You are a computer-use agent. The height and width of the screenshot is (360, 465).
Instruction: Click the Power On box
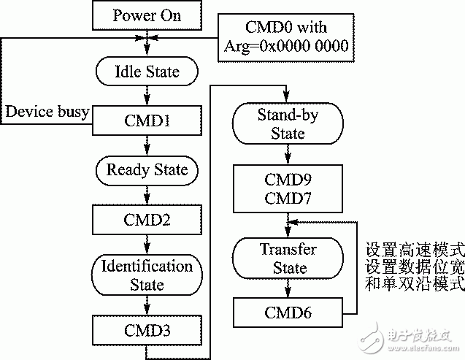point(147,15)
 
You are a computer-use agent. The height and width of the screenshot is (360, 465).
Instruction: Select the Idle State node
point(147,72)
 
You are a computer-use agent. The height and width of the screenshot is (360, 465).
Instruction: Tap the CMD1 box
point(147,120)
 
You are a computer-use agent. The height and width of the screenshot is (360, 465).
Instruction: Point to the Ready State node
point(147,169)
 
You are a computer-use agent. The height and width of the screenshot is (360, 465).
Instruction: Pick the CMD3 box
point(147,328)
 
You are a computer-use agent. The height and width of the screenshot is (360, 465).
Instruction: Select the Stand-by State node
point(288,124)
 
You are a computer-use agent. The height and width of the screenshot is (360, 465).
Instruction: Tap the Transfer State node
point(288,258)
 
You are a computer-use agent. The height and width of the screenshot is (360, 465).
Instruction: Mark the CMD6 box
point(288,313)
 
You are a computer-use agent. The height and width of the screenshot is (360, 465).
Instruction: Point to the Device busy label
point(47,112)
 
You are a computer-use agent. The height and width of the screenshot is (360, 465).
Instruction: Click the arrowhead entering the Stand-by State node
point(288,102)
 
